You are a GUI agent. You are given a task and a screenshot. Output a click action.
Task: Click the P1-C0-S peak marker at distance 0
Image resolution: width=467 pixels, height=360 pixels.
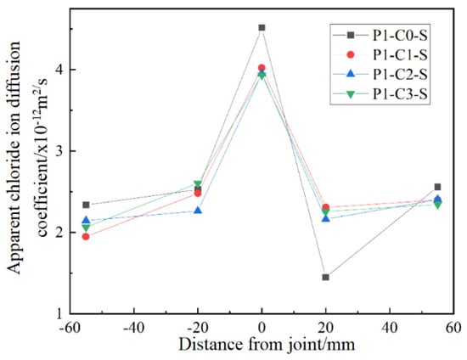(x=262, y=28)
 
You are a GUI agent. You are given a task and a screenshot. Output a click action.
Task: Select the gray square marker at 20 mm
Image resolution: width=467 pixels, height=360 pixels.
(x=325, y=278)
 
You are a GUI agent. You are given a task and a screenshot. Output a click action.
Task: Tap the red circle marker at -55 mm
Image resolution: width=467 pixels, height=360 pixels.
(x=86, y=237)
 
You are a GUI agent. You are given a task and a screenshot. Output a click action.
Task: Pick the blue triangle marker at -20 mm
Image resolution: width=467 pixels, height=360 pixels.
(x=198, y=211)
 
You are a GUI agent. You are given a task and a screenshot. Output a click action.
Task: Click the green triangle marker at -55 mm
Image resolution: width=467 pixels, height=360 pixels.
(x=86, y=228)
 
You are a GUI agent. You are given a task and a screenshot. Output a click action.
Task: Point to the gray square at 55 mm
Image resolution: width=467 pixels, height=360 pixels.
(x=437, y=187)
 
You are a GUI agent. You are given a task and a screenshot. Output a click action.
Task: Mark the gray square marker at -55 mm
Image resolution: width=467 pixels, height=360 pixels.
(x=86, y=205)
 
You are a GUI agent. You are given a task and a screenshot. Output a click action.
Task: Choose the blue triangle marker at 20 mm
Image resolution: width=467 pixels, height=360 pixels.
(x=326, y=218)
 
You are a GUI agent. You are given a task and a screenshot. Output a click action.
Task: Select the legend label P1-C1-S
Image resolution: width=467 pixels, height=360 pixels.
(x=400, y=55)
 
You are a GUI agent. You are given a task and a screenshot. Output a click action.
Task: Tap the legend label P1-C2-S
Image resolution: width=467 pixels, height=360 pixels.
(x=400, y=75)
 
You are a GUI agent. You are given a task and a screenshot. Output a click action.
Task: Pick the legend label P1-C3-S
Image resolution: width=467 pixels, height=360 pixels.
(x=400, y=94)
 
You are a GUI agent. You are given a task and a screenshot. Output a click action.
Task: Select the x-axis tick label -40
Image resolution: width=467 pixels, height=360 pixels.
(x=133, y=328)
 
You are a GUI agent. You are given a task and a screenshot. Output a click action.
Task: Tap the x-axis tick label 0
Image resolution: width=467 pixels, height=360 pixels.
(x=262, y=328)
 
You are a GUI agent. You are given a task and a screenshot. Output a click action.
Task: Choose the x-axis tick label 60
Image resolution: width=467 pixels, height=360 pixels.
(x=453, y=328)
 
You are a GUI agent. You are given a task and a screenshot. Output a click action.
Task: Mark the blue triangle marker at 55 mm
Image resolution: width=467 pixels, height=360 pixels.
(x=437, y=199)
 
